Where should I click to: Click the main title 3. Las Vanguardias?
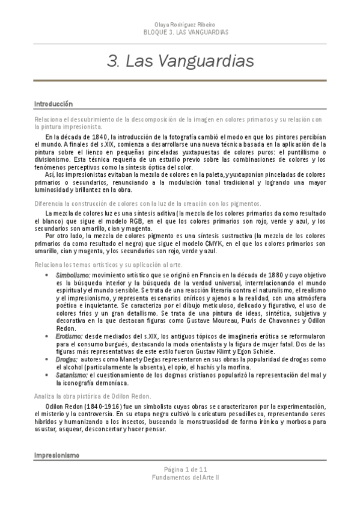(x=180, y=61)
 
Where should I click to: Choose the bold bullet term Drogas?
(x=66, y=358)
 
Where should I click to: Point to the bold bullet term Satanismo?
(x=72, y=375)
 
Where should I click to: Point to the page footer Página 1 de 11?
(x=180, y=486)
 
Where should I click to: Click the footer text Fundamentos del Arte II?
(x=180, y=494)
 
